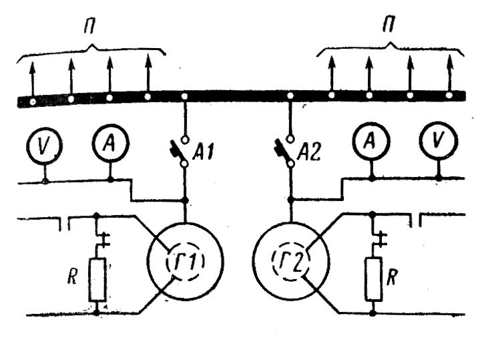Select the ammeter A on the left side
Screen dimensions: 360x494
point(109,143)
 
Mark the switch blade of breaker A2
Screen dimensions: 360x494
point(284,150)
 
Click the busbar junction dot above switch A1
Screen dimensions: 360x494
point(185,97)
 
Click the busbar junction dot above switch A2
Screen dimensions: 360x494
point(290,97)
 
